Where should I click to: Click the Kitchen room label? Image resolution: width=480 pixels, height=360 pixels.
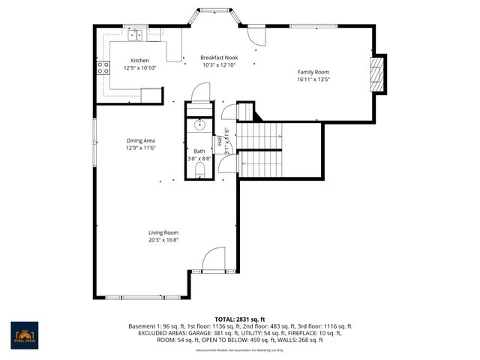[139, 60]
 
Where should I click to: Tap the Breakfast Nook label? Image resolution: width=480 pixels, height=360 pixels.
[219, 58]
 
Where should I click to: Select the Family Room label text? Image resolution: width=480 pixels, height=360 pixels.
[313, 72]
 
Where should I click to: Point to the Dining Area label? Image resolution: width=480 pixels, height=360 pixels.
[139, 141]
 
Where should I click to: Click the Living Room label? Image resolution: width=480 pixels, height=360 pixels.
[163, 232]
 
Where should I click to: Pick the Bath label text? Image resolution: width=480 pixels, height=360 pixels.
[199, 151]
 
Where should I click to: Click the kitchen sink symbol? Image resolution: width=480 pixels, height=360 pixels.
[136, 34]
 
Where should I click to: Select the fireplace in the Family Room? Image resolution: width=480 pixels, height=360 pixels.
[376, 75]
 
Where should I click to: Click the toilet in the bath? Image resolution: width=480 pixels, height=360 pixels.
[199, 172]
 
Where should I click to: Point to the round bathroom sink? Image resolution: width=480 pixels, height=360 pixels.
[199, 125]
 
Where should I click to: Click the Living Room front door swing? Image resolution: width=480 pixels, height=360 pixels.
[213, 259]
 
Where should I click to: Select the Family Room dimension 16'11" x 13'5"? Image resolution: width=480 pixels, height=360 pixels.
[313, 79]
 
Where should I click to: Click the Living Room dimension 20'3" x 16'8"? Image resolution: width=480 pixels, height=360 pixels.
[163, 240]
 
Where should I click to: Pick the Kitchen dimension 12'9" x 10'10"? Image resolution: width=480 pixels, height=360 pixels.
[139, 67]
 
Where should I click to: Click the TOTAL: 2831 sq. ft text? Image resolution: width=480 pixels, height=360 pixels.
[240, 319]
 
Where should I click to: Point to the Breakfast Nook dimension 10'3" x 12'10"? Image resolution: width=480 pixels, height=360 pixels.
[219, 65]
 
